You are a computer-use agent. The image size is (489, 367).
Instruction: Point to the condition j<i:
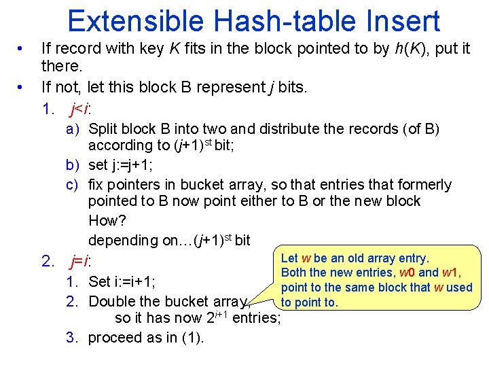coord(81,107)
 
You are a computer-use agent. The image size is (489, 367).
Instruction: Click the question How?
coord(107,221)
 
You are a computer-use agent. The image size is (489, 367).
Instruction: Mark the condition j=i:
coord(81,261)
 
